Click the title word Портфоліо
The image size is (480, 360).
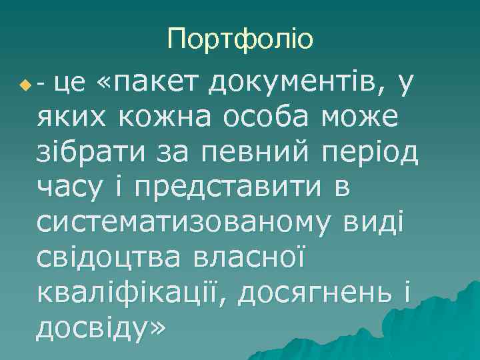point(240,40)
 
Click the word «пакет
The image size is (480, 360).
point(149,83)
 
